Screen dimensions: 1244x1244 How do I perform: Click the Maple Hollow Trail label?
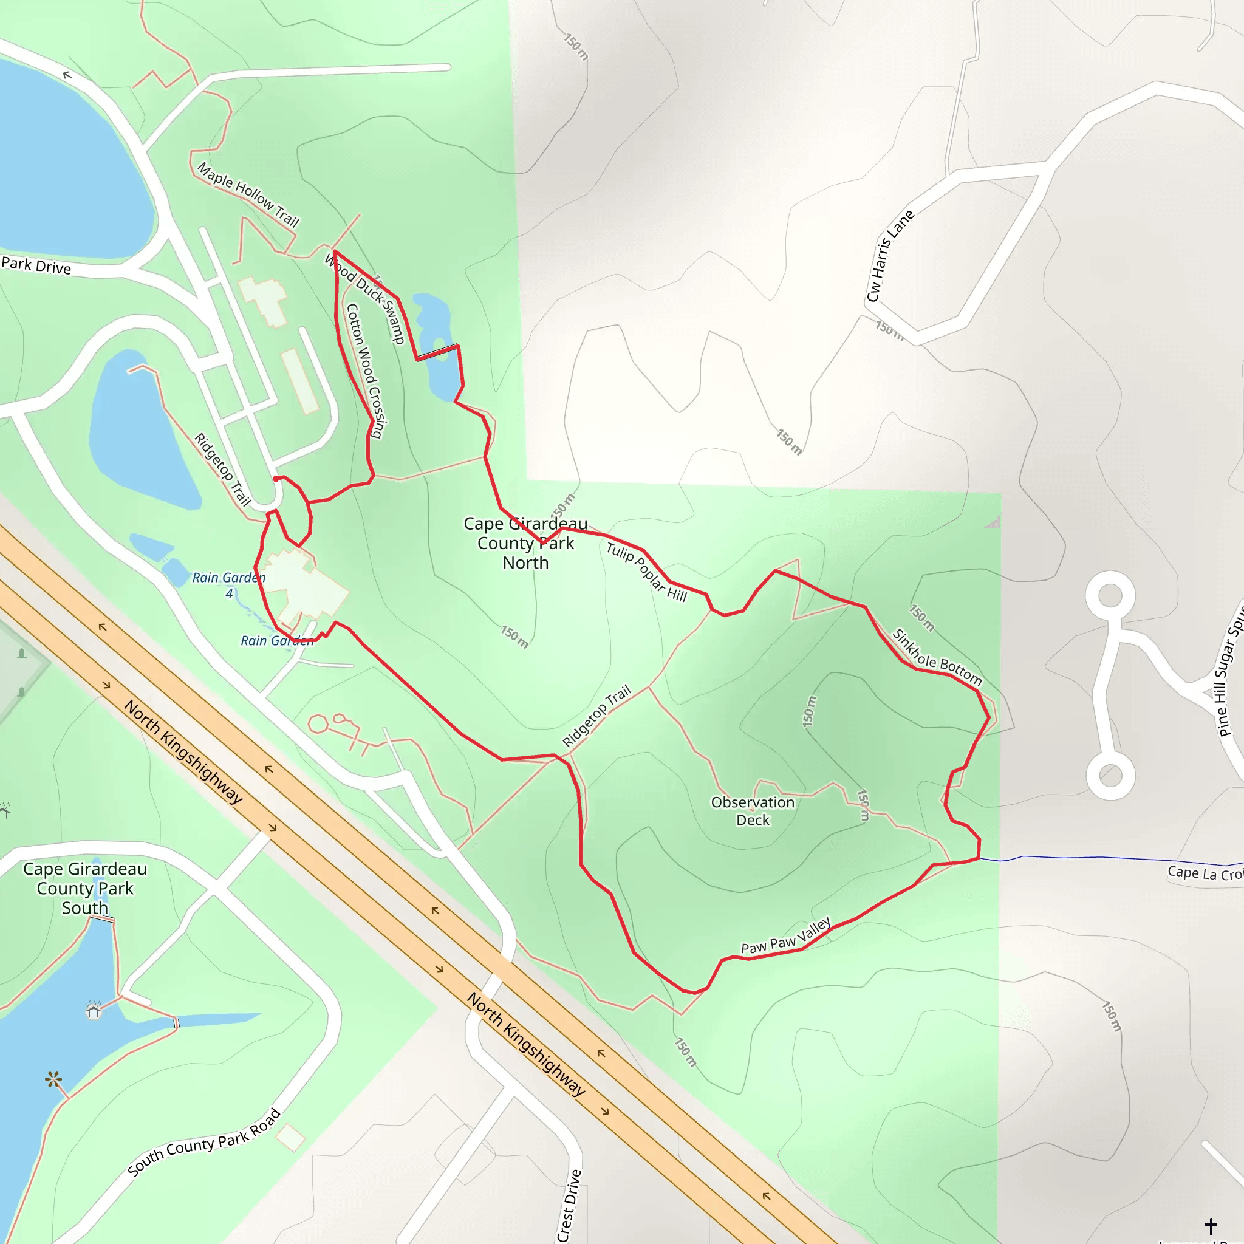pos(248,194)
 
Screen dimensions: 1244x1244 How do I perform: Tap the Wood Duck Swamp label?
pos(364,298)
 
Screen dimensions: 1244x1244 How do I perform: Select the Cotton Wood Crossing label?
pos(364,371)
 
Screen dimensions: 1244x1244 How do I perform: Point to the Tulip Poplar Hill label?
pos(646,572)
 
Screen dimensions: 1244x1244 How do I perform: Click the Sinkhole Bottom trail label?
pos(937,657)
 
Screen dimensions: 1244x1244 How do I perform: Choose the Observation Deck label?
pos(753,811)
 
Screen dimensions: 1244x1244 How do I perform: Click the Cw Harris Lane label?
pos(890,256)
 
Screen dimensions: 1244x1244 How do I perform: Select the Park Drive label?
pos(36,265)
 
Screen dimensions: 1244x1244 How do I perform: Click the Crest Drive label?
pos(569,1205)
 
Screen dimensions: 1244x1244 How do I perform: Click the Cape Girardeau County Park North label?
pos(525,543)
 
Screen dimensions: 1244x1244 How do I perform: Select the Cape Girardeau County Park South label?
pos(85,888)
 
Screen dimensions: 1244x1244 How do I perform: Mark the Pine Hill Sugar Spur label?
pos(1231,669)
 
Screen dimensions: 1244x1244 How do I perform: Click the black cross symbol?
pos(1211,1226)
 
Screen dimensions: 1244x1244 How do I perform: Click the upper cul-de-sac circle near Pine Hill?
pos(1110,595)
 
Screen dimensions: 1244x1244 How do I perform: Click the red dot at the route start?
pos(276,479)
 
